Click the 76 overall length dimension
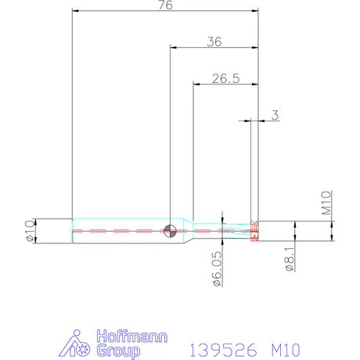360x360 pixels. (x=165, y=5)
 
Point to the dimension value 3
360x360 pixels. (x=275, y=115)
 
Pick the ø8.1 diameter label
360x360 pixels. (x=289, y=257)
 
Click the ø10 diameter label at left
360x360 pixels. (x=31, y=231)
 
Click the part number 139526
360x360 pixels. (x=223, y=348)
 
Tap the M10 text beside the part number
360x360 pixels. (x=285, y=348)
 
